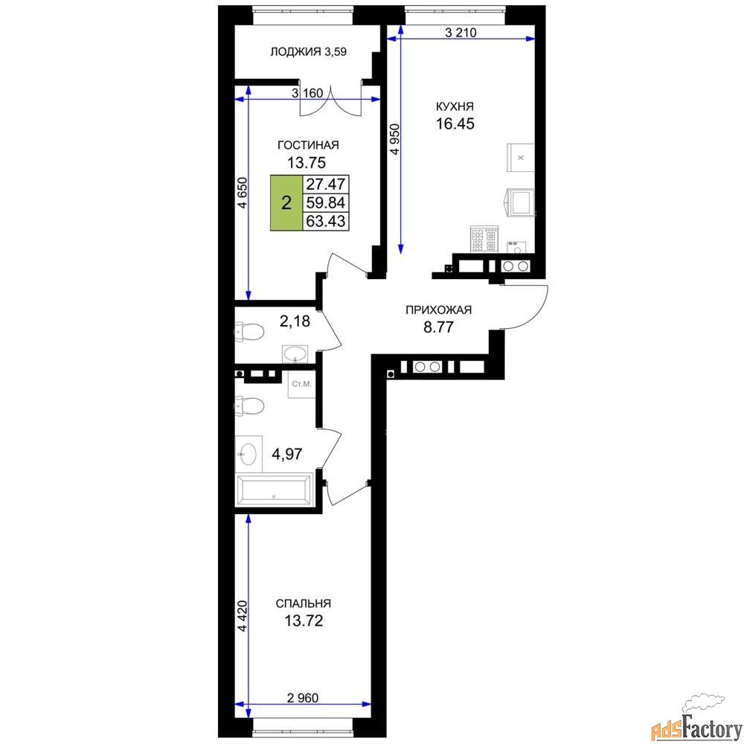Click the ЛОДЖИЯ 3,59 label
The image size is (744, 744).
tap(308, 52)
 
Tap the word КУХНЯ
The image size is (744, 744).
tap(455, 106)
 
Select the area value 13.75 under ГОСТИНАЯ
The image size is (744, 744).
tap(307, 163)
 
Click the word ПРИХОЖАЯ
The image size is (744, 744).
tap(438, 310)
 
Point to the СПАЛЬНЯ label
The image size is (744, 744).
tap(304, 603)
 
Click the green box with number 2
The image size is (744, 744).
tap(286, 203)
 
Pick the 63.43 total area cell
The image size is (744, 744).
tap(326, 221)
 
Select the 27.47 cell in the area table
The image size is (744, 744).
tap(326, 184)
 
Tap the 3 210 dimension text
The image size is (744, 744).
tap(461, 33)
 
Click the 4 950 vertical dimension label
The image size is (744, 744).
tap(395, 139)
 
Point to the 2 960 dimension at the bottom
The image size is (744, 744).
tap(303, 698)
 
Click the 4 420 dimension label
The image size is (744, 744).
tap(243, 616)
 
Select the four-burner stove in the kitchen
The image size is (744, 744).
tap(484, 239)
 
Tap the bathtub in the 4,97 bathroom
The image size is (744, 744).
tap(275, 489)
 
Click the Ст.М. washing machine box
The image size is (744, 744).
tap(302, 384)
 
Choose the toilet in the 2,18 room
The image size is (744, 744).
tap(249, 331)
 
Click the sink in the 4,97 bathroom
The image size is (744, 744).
tap(248, 454)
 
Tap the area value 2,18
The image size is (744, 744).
tap(295, 321)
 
